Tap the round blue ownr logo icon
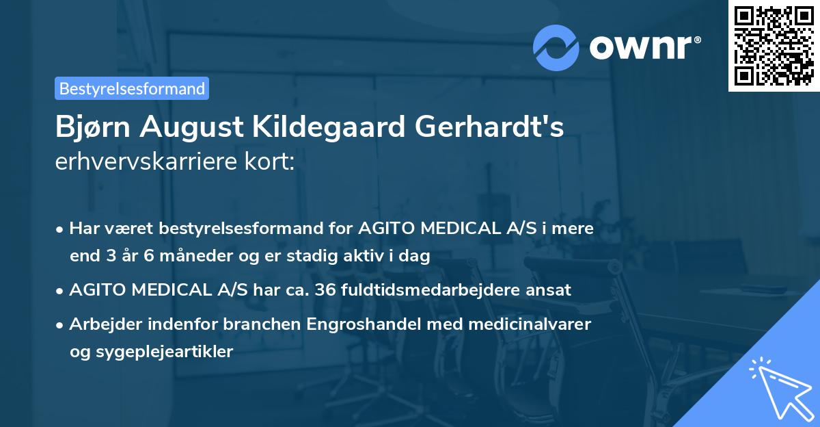point(556,47)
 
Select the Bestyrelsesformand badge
point(132,88)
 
